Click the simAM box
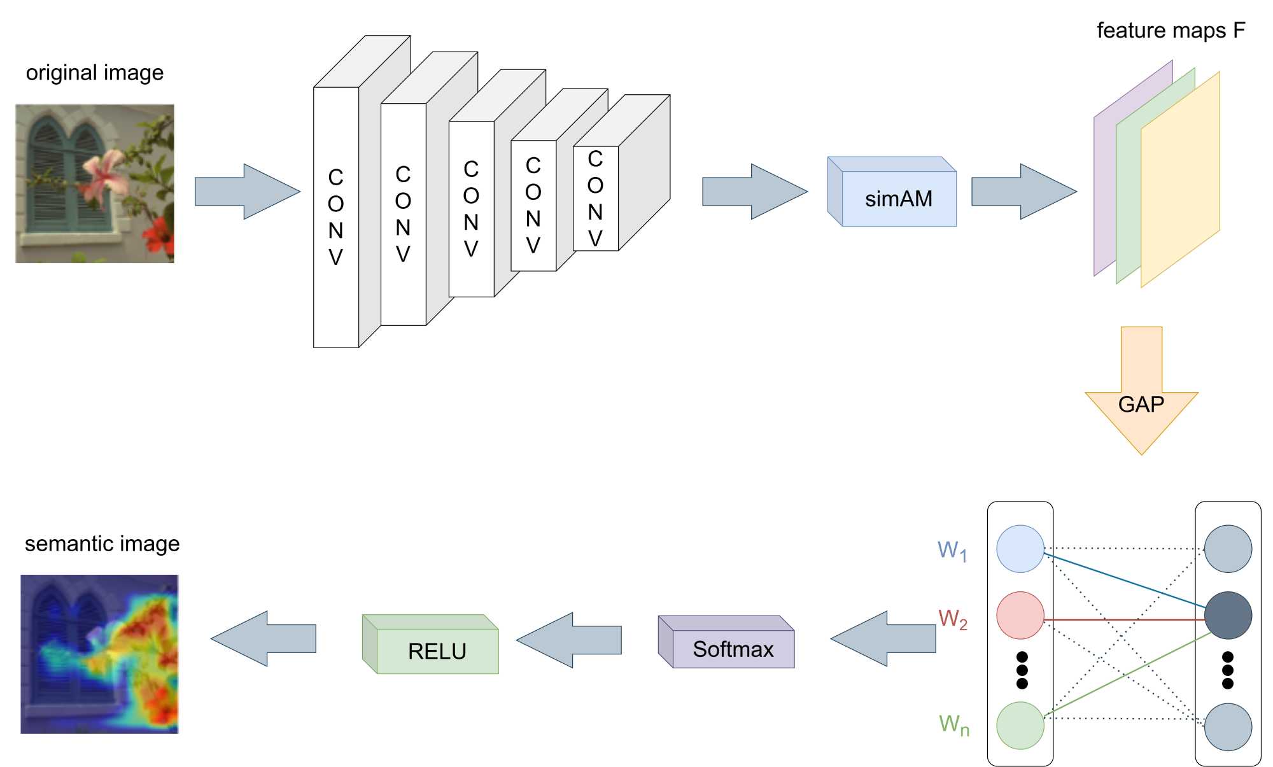[897, 198]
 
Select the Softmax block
[732, 648]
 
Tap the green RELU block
[437, 650]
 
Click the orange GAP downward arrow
[1141, 395]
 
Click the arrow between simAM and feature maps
[1023, 192]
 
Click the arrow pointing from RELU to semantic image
[264, 639]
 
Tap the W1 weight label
[952, 551]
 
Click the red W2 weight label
[953, 619]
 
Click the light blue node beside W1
[1020, 549]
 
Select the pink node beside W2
[1020, 616]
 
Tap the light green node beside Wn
[1020, 726]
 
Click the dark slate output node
[1228, 616]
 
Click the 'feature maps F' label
[1171, 31]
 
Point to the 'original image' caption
[95, 73]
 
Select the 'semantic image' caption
[102, 544]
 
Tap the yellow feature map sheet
[1181, 185]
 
